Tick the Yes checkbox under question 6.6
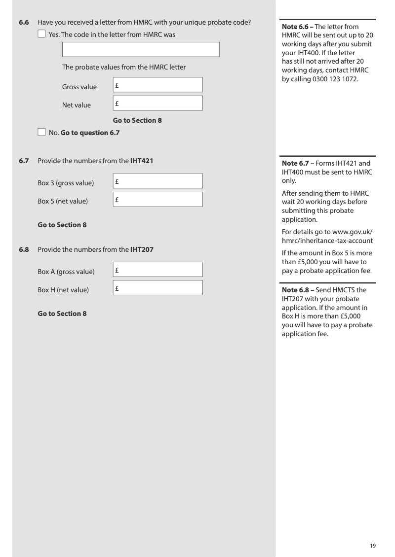click(x=42, y=35)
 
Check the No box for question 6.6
click(x=42, y=132)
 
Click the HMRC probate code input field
click(x=141, y=50)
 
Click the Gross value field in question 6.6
click(x=158, y=85)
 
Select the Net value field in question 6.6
click(x=158, y=103)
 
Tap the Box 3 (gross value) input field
click(x=158, y=181)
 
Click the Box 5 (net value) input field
click(x=158, y=199)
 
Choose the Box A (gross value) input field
click(x=158, y=270)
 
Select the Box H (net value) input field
click(x=158, y=288)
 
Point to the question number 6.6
click(x=24, y=23)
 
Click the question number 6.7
click(x=24, y=161)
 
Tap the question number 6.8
click(x=24, y=249)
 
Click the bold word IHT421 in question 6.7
click(x=142, y=161)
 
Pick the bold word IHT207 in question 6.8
click(x=142, y=249)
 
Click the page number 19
click(x=373, y=545)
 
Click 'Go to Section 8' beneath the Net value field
click(x=137, y=120)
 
